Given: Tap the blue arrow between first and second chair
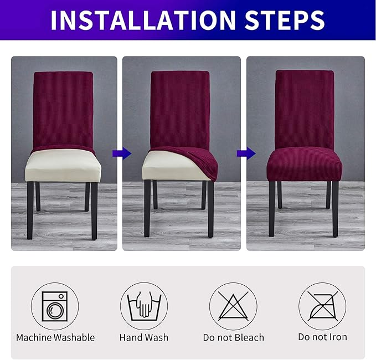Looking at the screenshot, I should click(118, 153).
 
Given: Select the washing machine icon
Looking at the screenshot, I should click(55, 306).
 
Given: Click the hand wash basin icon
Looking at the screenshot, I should click(144, 306).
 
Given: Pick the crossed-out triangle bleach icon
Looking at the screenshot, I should click(233, 306).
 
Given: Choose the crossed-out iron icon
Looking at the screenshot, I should click(322, 306).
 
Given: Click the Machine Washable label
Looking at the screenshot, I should click(55, 337).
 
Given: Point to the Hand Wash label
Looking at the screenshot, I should click(144, 337).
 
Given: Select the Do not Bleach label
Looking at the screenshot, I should click(233, 337).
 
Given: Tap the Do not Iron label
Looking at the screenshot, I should click(322, 337).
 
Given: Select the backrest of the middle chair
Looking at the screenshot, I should click(180, 108).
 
